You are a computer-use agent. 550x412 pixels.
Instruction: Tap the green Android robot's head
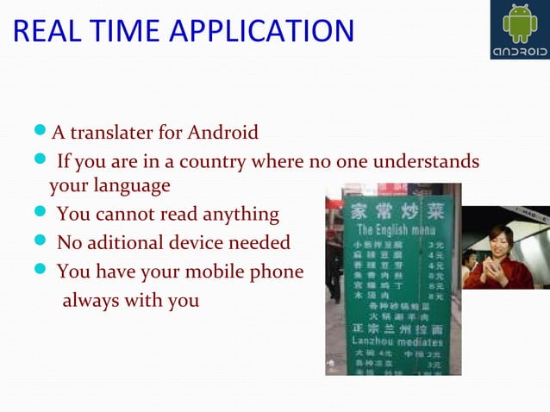point(520,15)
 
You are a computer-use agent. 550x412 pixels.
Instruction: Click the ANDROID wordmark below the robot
point(520,51)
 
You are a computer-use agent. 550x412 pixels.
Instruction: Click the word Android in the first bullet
point(225,133)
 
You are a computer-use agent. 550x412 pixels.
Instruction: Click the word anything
point(238,214)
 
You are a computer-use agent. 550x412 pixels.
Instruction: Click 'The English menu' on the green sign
point(396,230)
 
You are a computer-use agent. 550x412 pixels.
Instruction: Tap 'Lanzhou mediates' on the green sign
point(396,341)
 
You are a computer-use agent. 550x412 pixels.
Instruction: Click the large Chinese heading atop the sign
point(397,210)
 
